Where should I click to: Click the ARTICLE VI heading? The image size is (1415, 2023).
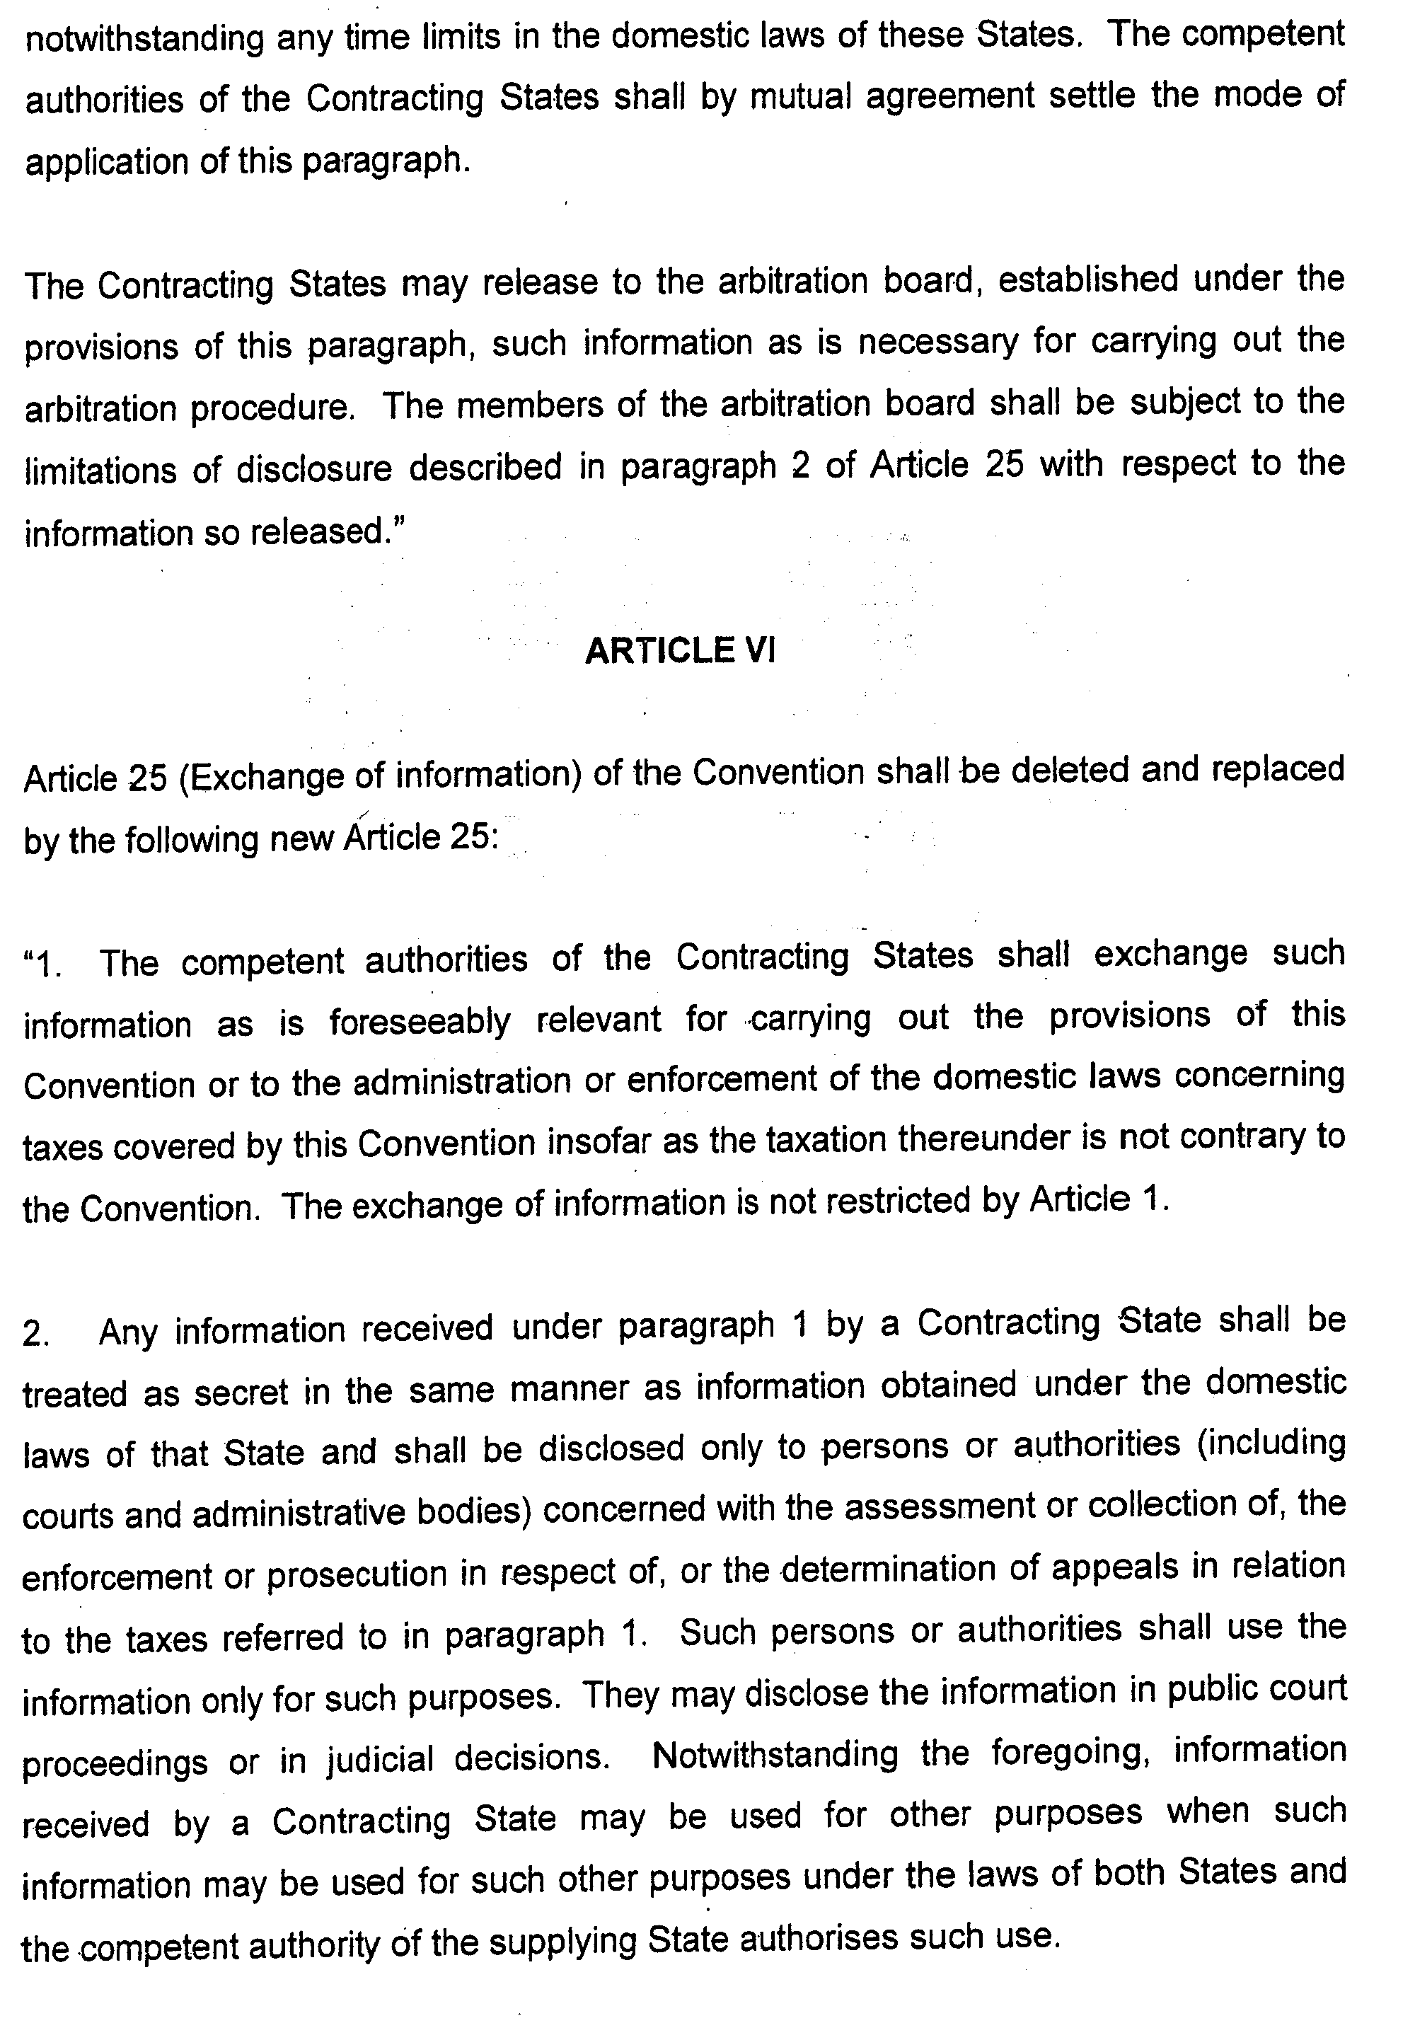click(x=679, y=650)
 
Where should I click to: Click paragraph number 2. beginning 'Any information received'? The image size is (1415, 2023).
click(x=37, y=1334)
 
